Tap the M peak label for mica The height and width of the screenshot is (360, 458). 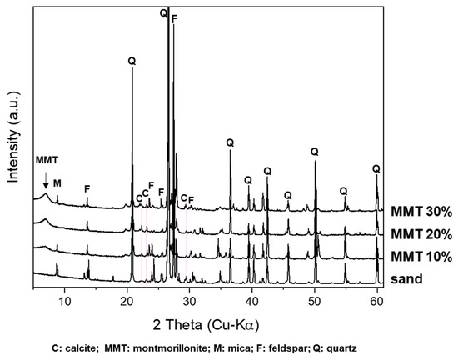pos(57,182)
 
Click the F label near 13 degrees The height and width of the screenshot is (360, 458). pos(87,189)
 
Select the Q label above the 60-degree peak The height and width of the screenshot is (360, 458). pos(376,168)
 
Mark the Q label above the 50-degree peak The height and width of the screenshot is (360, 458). pos(315,152)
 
